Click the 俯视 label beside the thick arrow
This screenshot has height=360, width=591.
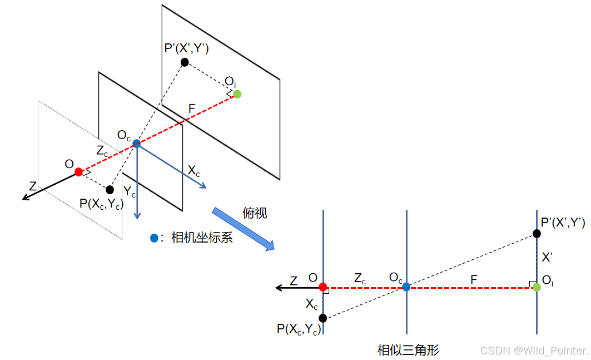(255, 213)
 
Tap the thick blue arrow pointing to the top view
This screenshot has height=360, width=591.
(242, 229)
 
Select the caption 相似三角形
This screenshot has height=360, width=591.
(408, 350)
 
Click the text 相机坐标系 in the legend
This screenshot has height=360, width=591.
(201, 238)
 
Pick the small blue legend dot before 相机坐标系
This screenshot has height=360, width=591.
(154, 238)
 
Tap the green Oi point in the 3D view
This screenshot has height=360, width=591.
(237, 94)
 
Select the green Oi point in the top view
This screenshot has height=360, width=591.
(537, 287)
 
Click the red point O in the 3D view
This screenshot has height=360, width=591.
(78, 172)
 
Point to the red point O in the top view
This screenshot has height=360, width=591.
(323, 287)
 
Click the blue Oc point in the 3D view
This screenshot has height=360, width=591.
(137, 144)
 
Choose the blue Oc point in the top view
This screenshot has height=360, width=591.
(406, 287)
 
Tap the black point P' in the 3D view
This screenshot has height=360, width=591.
(185, 62)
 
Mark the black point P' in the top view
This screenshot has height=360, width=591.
(537, 234)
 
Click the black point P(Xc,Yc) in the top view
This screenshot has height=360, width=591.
(323, 318)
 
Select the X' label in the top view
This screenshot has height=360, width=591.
(548, 258)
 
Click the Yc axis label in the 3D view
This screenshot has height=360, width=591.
(130, 193)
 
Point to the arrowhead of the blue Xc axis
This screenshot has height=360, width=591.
(204, 186)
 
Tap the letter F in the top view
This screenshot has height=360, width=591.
(474, 280)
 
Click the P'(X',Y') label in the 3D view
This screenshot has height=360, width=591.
(186, 49)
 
